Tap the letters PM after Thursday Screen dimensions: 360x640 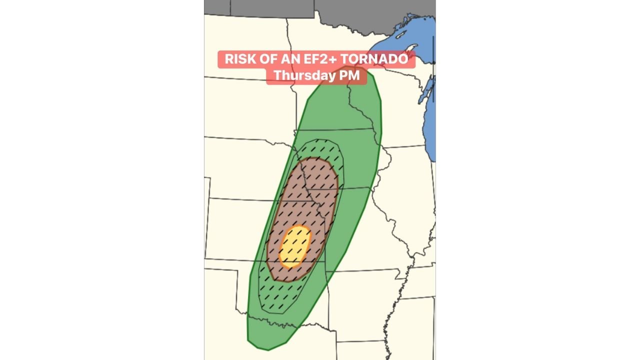tap(350, 75)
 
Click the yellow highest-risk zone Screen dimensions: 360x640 tap(295, 246)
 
